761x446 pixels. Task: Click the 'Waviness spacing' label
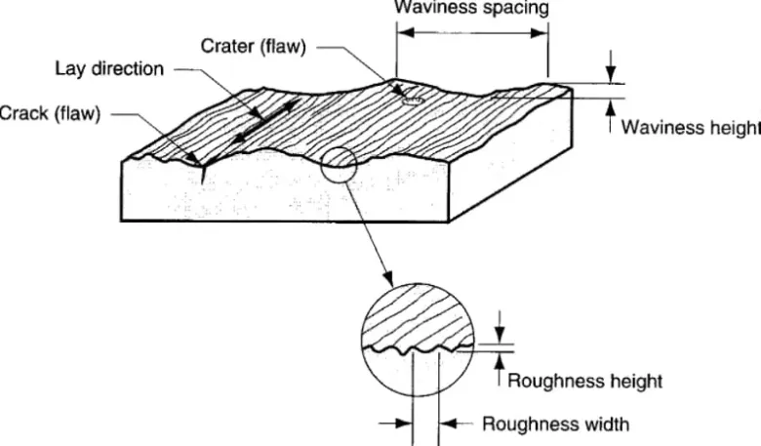470,7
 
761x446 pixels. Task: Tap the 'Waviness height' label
691,128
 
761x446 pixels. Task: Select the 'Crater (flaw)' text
254,47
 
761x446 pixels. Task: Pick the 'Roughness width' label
556,424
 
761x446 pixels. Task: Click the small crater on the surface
411,99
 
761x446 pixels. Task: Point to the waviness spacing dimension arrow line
472,32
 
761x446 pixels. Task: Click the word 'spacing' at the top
519,8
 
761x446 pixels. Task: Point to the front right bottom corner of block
450,223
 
